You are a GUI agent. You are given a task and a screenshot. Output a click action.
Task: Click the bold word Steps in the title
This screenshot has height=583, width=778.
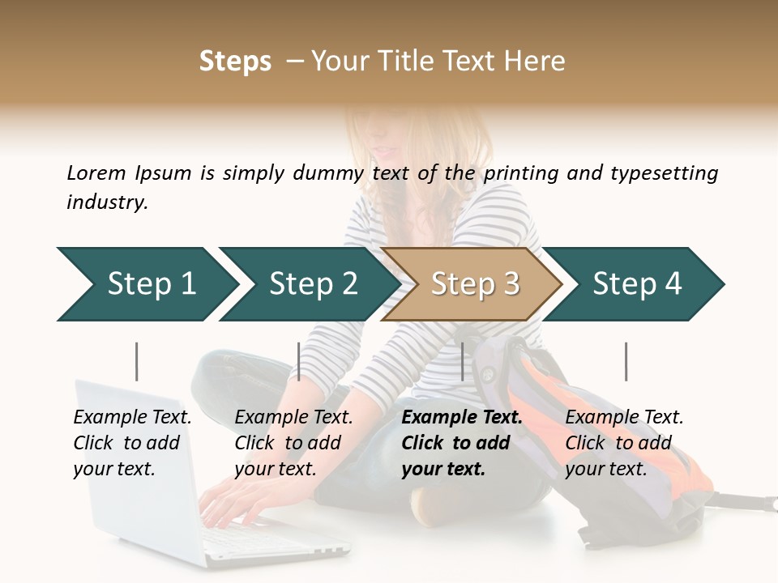pos(235,62)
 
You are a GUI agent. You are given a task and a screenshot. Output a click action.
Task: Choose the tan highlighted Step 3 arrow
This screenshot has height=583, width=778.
pos(475,284)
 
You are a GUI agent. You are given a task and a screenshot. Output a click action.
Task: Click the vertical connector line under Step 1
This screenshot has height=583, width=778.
pos(137,361)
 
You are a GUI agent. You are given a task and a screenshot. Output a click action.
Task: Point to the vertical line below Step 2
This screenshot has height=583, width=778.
pos(299,361)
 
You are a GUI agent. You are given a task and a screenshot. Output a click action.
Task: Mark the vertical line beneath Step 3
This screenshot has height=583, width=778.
pos(463,361)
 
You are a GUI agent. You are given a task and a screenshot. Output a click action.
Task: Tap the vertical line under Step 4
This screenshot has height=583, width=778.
pos(626,361)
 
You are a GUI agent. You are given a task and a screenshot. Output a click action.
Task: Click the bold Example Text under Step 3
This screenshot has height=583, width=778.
pos(462,443)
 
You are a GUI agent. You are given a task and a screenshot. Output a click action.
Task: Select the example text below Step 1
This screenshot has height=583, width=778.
pos(132,443)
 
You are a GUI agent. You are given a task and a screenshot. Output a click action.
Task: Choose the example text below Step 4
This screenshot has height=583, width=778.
pos(624,443)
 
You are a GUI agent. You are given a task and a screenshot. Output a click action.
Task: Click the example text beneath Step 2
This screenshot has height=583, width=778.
pos(293,443)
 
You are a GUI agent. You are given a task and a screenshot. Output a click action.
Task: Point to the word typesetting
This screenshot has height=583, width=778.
pos(663,172)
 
